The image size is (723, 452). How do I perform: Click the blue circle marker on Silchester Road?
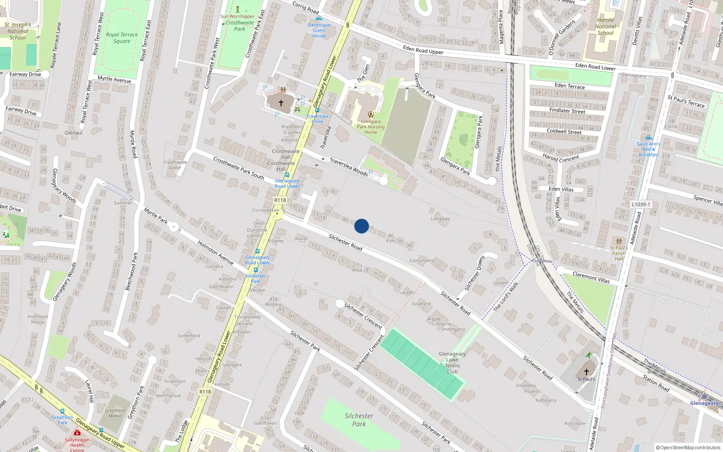[x=361, y=226]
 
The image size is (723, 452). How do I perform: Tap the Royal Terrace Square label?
[x=122, y=38]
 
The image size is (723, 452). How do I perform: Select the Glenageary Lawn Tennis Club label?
[x=452, y=363]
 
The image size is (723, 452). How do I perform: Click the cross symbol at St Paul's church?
[x=586, y=372]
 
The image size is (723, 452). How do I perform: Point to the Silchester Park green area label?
[x=359, y=419]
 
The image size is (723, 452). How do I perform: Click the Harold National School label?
[x=606, y=26]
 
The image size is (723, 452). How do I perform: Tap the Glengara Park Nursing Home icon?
[x=371, y=114]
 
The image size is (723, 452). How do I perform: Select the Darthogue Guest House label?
[x=319, y=30]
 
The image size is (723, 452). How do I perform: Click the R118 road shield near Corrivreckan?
[x=280, y=200]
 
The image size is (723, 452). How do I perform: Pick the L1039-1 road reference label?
[x=641, y=204]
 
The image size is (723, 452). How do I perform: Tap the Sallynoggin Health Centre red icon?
[x=77, y=433]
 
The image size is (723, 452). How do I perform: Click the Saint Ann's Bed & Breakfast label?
[x=648, y=149]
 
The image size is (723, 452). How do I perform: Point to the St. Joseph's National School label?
[x=18, y=31]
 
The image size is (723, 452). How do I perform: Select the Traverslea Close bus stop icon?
[x=317, y=110]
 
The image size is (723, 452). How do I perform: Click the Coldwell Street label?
[x=564, y=132]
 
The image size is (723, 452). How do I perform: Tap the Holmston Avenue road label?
[x=215, y=252]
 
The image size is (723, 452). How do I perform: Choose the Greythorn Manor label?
[x=115, y=413]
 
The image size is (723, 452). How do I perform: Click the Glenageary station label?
[x=704, y=403]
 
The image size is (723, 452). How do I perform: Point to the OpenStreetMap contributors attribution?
[x=688, y=447]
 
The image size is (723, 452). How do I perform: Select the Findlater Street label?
[x=567, y=111]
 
